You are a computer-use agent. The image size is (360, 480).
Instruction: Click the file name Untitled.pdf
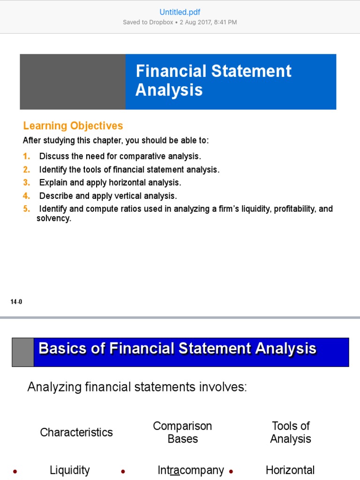pyautogui.click(x=180, y=12)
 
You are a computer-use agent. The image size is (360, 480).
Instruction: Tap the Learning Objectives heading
pyautogui.click(x=73, y=126)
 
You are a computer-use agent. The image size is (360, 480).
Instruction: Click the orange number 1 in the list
pyautogui.click(x=26, y=156)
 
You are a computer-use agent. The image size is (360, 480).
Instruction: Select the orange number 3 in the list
pyautogui.click(x=26, y=182)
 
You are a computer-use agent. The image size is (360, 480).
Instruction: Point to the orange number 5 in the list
pyautogui.click(x=26, y=209)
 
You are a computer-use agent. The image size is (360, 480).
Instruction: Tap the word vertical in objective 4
pyautogui.click(x=127, y=195)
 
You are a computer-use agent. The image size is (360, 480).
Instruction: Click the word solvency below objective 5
pyautogui.click(x=53, y=218)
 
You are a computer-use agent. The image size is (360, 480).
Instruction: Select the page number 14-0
pyautogui.click(x=16, y=302)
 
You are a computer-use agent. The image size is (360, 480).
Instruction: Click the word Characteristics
pyautogui.click(x=76, y=432)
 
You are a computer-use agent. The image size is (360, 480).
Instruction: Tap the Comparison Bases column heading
pyautogui.click(x=182, y=432)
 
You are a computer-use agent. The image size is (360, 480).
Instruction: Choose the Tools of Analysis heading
pyautogui.click(x=291, y=432)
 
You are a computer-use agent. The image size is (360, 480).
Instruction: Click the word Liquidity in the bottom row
pyautogui.click(x=69, y=470)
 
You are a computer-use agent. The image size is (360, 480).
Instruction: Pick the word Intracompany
pyautogui.click(x=191, y=470)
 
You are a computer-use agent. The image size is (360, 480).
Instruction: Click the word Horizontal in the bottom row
pyautogui.click(x=290, y=470)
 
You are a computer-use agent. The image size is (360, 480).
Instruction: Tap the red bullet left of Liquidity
pyautogui.click(x=15, y=472)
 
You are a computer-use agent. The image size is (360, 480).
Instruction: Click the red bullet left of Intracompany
pyautogui.click(x=123, y=472)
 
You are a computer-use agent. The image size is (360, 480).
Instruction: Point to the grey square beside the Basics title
pyautogui.click(x=23, y=352)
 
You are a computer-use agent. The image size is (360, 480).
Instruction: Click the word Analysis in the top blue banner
pyautogui.click(x=169, y=90)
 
